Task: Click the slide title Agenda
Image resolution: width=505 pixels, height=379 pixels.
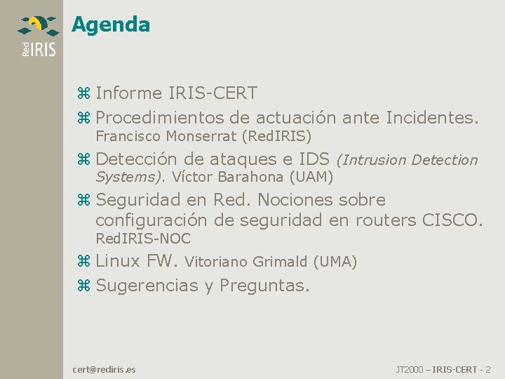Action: [111, 25]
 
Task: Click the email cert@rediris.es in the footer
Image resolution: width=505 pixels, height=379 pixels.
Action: [105, 368]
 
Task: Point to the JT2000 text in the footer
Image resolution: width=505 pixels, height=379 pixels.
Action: [410, 368]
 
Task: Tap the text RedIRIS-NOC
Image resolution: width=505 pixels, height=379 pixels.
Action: [143, 238]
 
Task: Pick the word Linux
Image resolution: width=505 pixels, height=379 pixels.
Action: [118, 262]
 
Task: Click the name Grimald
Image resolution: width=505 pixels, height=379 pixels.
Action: [280, 262]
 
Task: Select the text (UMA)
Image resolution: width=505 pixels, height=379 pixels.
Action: [335, 262]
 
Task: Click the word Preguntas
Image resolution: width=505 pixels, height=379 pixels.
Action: [264, 286]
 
